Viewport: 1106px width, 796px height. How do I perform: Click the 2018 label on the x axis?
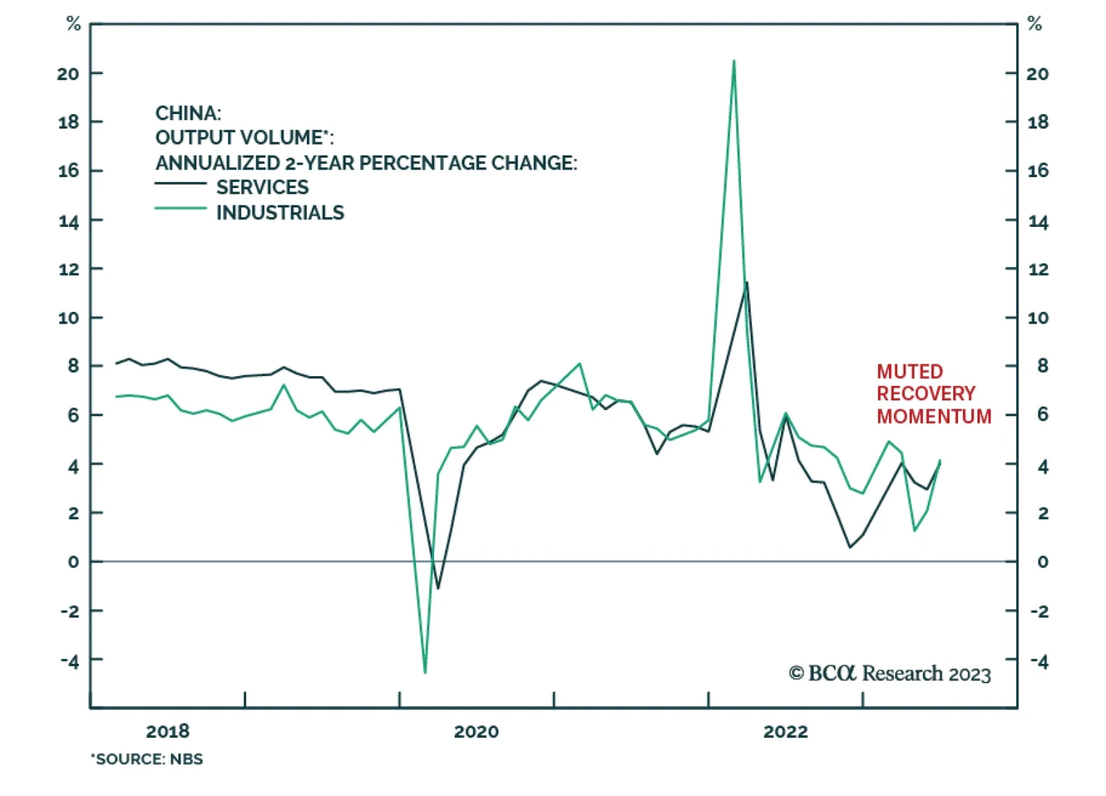point(167,732)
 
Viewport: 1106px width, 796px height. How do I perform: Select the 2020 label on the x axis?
point(476,732)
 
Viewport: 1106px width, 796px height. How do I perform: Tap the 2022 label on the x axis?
point(785,732)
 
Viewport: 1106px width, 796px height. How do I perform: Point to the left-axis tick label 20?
point(68,73)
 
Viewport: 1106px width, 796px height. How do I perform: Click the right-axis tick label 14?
point(1038,222)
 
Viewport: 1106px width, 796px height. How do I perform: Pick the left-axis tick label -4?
point(69,660)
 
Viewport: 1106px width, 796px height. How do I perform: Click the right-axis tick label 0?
point(1042,562)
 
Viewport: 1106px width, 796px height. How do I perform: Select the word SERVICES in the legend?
point(262,187)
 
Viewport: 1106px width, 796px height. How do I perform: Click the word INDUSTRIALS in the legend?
point(280,212)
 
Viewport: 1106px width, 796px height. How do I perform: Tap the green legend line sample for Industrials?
point(180,208)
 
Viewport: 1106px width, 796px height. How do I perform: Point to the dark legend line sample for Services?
point(180,183)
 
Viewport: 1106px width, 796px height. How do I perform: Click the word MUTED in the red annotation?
point(910,371)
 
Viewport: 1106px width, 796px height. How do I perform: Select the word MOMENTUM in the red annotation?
point(934,416)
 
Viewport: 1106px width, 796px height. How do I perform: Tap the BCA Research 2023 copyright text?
point(890,674)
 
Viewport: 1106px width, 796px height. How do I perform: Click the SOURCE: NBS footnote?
point(147,759)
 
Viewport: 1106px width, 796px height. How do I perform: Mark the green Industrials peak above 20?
point(733,61)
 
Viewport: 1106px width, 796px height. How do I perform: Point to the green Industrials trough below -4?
point(424,672)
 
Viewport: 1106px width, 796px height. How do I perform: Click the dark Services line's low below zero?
point(438,589)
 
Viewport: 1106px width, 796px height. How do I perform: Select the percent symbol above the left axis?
point(73,24)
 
